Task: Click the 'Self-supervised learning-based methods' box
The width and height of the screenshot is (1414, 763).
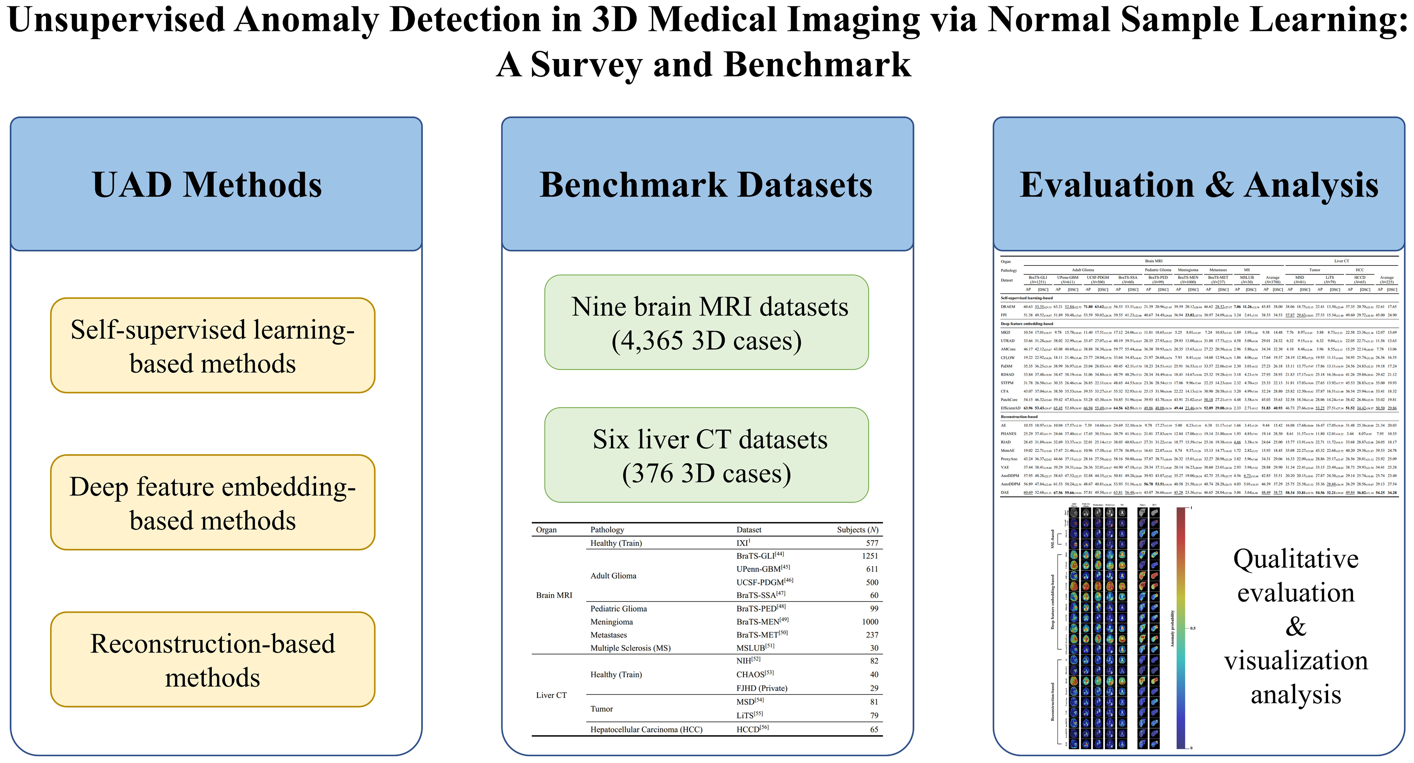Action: coord(212,346)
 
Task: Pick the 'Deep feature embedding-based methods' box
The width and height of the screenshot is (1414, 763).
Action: coord(212,503)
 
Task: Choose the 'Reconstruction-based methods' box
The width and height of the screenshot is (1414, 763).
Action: coord(212,660)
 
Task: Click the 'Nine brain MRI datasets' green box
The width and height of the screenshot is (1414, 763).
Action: coord(707,323)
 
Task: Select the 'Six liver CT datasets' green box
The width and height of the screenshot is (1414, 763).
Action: coord(707,455)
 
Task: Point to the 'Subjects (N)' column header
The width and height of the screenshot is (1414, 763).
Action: coord(857,530)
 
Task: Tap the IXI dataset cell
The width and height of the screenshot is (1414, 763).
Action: coord(743,543)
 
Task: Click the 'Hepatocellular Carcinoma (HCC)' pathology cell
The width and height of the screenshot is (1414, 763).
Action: coord(646,729)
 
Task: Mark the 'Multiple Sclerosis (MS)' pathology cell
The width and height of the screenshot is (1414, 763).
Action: coord(630,648)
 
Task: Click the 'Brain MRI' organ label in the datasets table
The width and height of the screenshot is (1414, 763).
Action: coord(554,595)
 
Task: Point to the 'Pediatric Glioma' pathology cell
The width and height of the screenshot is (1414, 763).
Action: coord(618,609)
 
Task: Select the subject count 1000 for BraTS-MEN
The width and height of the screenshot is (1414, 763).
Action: coord(870,622)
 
